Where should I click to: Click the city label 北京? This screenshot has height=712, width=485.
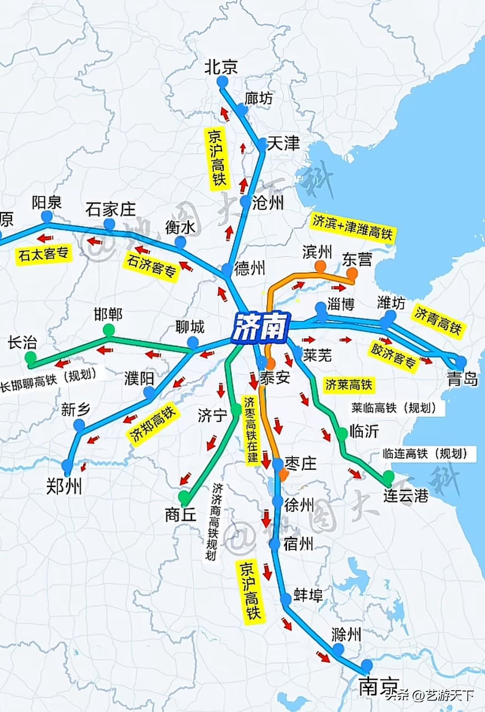click(x=220, y=67)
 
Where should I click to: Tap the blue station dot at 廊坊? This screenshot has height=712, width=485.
click(x=242, y=110)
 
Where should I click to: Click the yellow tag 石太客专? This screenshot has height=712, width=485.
click(x=43, y=254)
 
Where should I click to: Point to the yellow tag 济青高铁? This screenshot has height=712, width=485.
click(x=437, y=320)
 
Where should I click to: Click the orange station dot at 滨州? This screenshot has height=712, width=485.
click(x=320, y=267)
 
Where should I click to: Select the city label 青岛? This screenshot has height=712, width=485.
click(x=462, y=379)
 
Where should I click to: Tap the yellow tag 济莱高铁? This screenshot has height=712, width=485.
click(x=349, y=385)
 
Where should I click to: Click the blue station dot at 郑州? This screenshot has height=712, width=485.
click(x=67, y=465)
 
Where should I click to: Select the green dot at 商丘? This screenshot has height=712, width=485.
click(x=184, y=497)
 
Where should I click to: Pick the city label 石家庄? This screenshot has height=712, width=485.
click(x=110, y=209)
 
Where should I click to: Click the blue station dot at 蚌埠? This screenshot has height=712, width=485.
click(x=286, y=599)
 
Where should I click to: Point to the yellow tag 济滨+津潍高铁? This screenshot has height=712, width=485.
click(x=353, y=227)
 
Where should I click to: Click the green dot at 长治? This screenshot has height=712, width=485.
click(x=31, y=358)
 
